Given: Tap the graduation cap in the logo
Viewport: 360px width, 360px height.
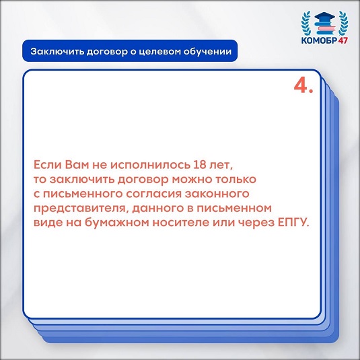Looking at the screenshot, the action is tap(324, 17).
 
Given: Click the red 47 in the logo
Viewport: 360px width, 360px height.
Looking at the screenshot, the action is tap(343, 40).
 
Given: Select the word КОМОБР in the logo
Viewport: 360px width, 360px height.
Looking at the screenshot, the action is tap(319, 40).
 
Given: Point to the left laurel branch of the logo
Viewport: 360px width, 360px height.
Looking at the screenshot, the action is tap(305, 23).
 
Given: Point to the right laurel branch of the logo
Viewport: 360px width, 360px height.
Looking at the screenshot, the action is tap(343, 23).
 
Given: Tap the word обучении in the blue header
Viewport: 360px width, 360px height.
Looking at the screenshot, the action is tap(207, 51).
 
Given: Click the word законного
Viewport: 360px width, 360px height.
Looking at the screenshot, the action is tap(217, 194).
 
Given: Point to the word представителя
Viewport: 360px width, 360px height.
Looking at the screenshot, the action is tap(81, 209).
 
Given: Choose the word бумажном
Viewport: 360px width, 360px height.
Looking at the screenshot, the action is tap(117, 222).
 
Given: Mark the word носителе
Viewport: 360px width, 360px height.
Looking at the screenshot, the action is tap(181, 223).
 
